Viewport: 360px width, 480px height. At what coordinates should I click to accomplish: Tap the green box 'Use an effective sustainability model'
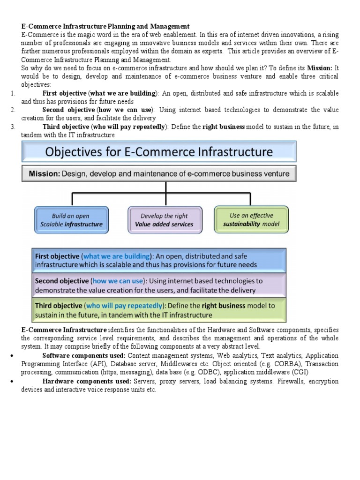251,219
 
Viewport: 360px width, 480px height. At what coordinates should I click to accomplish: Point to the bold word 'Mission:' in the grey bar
44,174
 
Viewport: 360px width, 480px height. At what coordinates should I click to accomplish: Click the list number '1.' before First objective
13,93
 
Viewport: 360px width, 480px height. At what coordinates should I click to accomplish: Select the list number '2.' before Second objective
13,110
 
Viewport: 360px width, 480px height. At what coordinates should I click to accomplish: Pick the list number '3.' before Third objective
13,127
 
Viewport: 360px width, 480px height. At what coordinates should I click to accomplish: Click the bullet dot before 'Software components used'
11,356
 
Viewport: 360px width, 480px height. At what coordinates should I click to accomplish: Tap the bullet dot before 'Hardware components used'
11,381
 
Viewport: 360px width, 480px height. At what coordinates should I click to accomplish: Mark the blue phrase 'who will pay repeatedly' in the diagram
124,306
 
